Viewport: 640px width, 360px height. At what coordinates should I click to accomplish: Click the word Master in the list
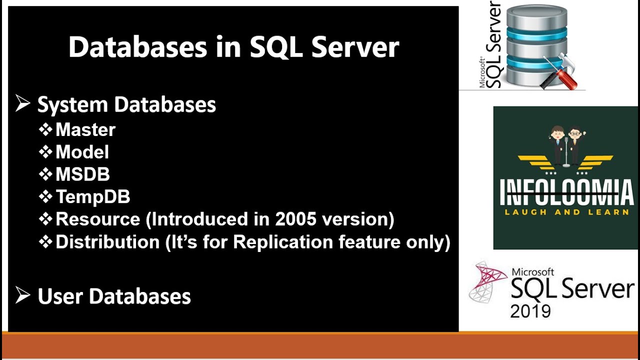coord(85,130)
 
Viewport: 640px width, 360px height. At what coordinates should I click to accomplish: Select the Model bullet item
coord(82,152)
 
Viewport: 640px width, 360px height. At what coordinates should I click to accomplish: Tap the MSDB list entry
coord(82,174)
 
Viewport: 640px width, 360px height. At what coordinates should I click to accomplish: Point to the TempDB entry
coord(93,197)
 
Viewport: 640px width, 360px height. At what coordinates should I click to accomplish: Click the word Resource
coord(98,219)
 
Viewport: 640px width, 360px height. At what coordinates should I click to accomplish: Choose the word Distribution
coord(107,242)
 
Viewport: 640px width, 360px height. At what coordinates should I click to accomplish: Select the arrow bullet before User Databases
coord(23,296)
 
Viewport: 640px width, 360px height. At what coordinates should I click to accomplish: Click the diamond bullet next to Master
coord(45,130)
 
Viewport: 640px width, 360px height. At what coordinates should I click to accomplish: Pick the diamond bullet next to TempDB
coord(45,197)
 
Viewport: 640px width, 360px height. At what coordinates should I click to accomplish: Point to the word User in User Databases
coord(59,296)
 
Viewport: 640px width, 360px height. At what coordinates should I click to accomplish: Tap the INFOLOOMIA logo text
coord(566,193)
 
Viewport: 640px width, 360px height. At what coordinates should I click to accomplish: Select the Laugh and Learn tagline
coord(566,212)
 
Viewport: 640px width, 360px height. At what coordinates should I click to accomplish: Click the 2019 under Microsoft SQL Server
coord(530,310)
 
